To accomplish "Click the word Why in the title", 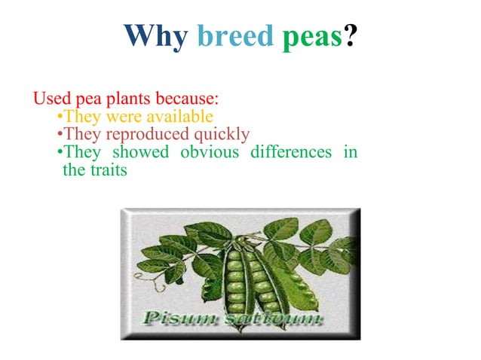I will [155, 36].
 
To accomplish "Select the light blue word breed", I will [235, 36].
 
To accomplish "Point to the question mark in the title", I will [351, 36].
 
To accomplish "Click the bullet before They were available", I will [60, 117].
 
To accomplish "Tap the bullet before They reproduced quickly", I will [60, 135].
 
